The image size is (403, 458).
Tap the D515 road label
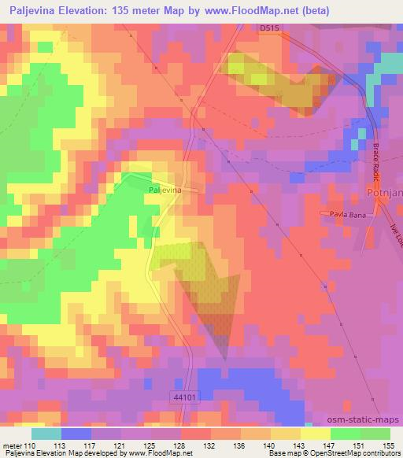(x=270, y=28)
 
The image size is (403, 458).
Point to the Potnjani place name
(x=384, y=190)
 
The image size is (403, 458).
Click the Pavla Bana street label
(x=338, y=214)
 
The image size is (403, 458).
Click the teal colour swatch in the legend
(x=46, y=433)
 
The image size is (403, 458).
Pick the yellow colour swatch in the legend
(x=316, y=433)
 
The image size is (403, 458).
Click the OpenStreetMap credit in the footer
(x=331, y=453)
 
